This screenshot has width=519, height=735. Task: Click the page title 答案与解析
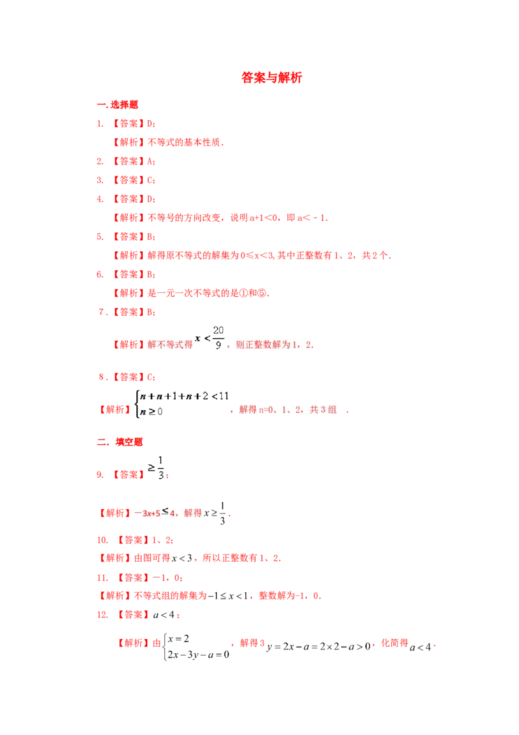coord(271,77)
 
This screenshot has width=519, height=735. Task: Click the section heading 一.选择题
coord(117,105)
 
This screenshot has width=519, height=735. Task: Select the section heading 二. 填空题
coord(120,442)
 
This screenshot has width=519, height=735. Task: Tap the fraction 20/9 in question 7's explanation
coord(218,338)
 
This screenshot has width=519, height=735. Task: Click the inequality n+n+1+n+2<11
coord(184,396)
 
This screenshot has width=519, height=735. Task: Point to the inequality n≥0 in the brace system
coord(151,412)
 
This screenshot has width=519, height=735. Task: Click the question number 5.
coord(100,237)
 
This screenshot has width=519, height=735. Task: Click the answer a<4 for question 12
coord(164,614)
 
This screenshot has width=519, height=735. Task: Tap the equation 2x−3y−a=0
coord(199,654)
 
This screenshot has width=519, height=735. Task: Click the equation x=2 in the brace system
coord(178,638)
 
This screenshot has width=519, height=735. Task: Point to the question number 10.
coord(102,540)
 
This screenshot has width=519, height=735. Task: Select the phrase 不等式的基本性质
coord(184,142)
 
